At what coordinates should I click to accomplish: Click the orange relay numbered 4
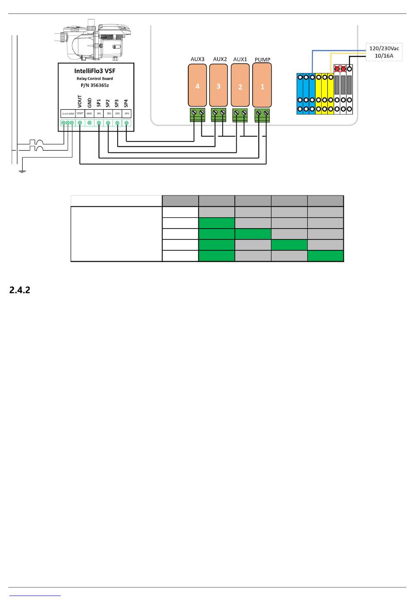coord(197,85)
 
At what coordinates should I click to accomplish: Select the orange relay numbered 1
coord(262,85)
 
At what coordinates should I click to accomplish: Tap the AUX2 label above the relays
coord(220,59)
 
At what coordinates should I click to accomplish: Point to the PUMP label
coord(262,60)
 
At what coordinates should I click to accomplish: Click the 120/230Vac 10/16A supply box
coord(383,52)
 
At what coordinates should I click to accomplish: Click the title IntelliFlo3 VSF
coord(95,71)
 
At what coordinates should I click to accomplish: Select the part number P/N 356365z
coord(95,85)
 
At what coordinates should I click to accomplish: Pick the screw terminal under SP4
coord(126,123)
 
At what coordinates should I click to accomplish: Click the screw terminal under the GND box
coord(89,123)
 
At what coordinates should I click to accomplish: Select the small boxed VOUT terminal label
coord(80,114)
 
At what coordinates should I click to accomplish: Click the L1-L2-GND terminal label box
coord(68,114)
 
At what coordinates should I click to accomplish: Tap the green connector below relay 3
coord(219,115)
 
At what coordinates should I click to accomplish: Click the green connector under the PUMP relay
coord(262,115)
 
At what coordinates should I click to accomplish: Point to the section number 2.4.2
coord(20,290)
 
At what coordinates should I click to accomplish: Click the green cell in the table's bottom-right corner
coord(326,256)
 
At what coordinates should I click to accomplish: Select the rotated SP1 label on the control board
coord(99,103)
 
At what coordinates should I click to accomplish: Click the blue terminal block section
coord(306,94)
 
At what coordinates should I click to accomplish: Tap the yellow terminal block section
coord(325,94)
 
